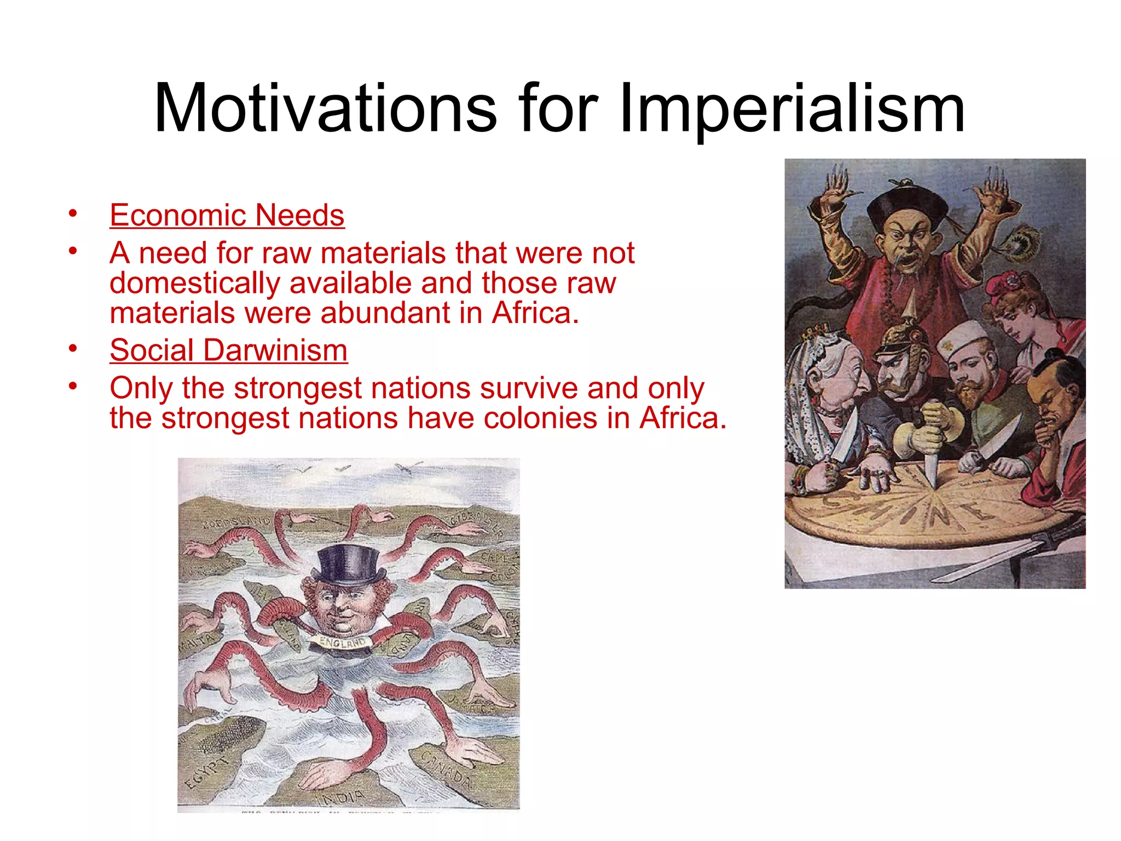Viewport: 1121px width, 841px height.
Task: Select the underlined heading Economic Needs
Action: (x=227, y=215)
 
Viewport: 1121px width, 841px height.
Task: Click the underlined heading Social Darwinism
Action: (x=229, y=350)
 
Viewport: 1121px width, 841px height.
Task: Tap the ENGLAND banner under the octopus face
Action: (x=343, y=642)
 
